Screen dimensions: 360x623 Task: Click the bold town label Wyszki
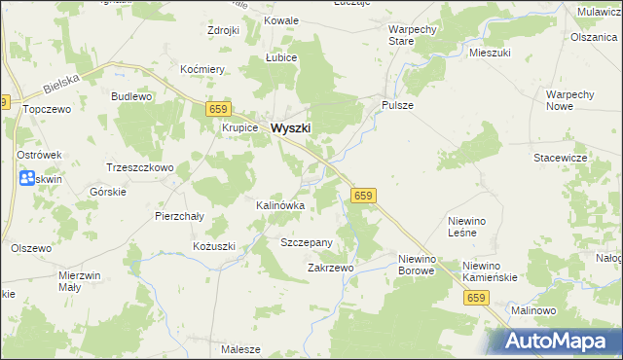click(x=291, y=127)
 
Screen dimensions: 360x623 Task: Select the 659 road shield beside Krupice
click(x=217, y=110)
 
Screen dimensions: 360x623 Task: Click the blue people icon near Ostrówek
click(x=26, y=179)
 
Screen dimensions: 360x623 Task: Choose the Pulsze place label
click(x=398, y=105)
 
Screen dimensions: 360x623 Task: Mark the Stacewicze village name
click(x=559, y=157)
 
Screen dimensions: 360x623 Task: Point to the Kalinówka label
click(x=280, y=206)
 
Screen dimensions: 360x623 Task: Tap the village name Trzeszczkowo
click(x=139, y=167)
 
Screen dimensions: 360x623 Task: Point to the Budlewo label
click(x=131, y=96)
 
